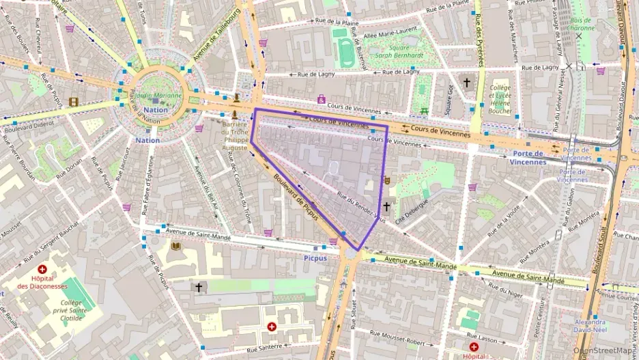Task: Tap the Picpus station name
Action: (315, 258)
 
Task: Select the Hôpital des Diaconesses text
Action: (42, 282)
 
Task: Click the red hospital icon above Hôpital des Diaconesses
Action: (42, 270)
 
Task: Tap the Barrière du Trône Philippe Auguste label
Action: (235, 135)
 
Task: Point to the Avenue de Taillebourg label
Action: (216, 35)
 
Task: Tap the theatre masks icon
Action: (386, 180)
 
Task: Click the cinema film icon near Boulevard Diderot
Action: (73, 102)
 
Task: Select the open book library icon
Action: (175, 246)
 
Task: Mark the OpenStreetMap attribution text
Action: (605, 350)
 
